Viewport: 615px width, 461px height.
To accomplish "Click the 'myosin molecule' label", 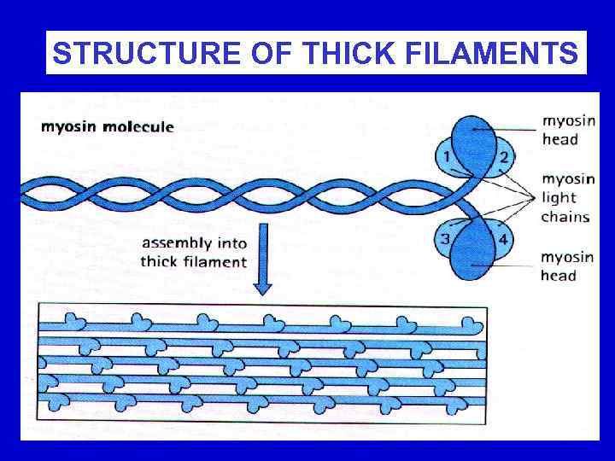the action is tap(108, 127).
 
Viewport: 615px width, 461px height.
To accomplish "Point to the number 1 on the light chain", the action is tap(446, 156).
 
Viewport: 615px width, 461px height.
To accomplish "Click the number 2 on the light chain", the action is tap(504, 156).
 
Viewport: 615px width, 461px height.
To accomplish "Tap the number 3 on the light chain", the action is tap(445, 238).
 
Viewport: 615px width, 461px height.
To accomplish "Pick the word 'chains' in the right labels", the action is tap(565, 216).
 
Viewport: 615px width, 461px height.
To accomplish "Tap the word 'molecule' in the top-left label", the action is tap(138, 127).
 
